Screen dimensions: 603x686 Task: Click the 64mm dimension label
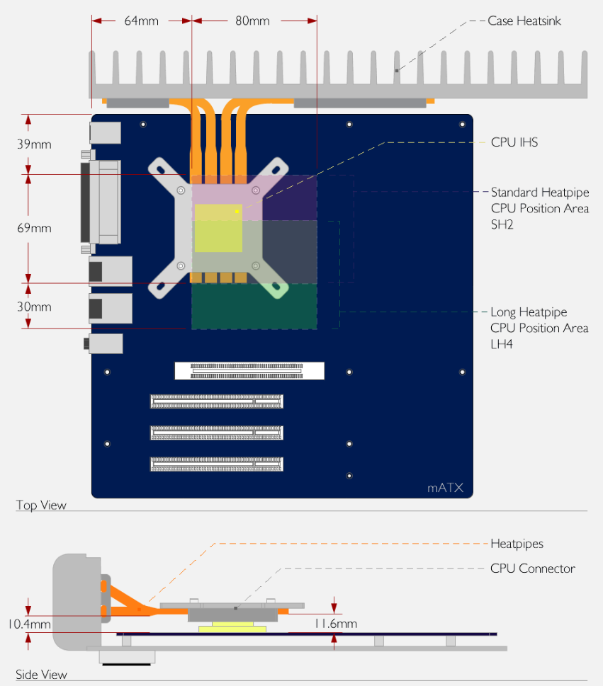pos(141,21)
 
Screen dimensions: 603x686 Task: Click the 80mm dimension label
pos(252,21)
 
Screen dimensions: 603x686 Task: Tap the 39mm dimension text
pos(34,144)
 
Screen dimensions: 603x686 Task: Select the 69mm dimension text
pos(34,228)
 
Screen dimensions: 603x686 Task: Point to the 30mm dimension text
pos(34,307)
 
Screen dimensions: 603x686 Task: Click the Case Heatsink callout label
pos(524,21)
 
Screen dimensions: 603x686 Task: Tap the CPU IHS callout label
pos(514,142)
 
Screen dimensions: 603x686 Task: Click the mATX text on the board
pos(445,488)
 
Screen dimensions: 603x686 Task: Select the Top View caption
pos(41,505)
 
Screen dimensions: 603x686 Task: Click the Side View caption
pos(41,675)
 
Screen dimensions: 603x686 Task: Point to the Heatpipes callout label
pos(517,544)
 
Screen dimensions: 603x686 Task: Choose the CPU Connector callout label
pos(533,568)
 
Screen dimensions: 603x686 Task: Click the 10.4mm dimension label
pos(29,624)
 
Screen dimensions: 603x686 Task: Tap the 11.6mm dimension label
pos(335,624)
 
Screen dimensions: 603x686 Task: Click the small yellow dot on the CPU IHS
pos(237,211)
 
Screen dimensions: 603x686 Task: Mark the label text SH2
pos(502,224)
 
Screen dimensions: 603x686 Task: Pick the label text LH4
pos(502,344)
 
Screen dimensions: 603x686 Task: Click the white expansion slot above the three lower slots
pos(249,371)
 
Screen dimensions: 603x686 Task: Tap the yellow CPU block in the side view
pos(232,629)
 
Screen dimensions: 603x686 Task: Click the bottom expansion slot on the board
pos(217,464)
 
